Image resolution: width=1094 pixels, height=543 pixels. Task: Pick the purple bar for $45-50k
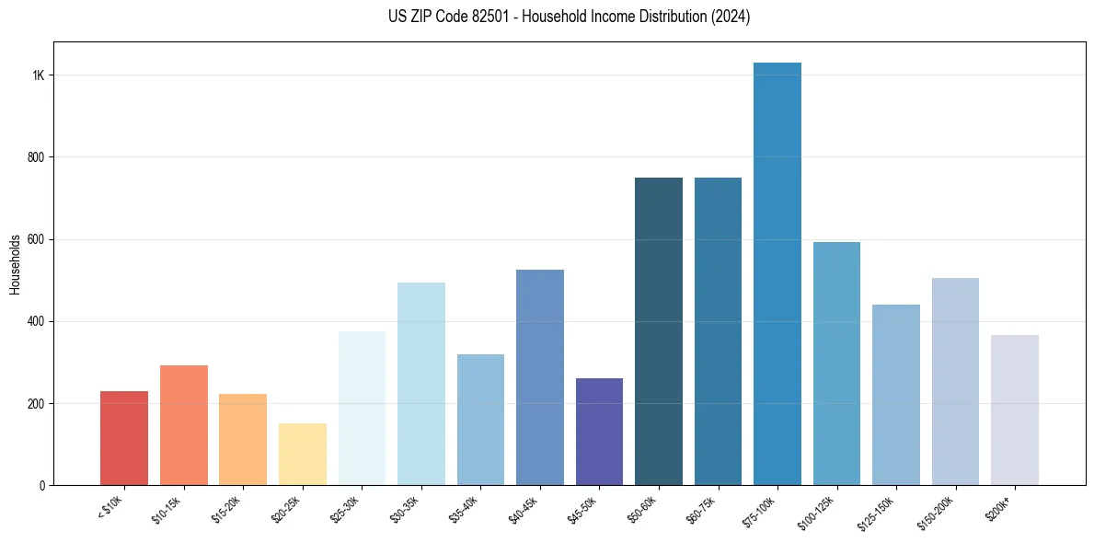599,432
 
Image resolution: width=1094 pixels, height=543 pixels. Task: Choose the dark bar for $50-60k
659,331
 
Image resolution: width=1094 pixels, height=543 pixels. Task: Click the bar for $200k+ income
1015,410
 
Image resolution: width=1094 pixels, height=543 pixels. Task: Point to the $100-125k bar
836,364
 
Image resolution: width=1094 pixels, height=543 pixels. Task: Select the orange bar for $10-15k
184,425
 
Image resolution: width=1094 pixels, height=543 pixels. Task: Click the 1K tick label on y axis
38,75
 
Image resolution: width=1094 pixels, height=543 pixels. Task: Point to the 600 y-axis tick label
36,239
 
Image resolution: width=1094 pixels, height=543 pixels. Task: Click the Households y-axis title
15,264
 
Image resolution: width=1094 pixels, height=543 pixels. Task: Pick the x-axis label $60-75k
707,509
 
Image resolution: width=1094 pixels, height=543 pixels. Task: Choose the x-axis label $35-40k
469,509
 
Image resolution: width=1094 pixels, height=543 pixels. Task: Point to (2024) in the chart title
731,17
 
